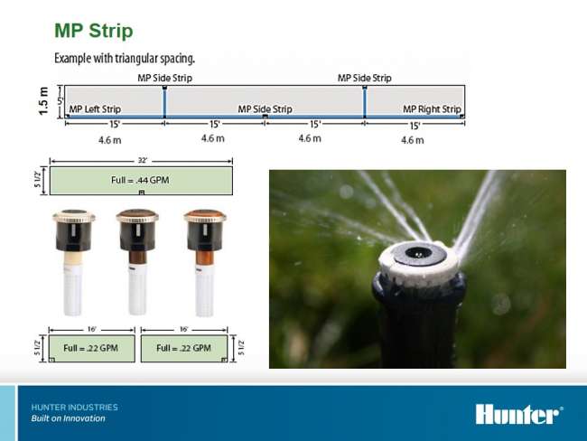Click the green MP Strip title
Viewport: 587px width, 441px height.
94,31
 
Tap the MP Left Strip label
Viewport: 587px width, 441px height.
95,109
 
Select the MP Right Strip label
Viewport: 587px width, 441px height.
432,109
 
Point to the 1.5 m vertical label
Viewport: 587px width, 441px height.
43,101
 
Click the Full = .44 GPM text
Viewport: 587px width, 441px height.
140,180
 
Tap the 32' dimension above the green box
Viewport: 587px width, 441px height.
143,160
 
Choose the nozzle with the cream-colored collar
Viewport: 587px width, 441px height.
73,262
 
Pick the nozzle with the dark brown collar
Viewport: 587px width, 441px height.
137,262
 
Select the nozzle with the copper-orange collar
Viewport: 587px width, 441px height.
205,263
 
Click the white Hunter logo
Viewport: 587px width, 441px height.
519,414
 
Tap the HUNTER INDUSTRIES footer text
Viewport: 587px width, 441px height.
74,408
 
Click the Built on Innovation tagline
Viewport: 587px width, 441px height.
68,418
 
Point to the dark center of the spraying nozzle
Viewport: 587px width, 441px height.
418,253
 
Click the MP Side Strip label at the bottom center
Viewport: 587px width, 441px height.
265,109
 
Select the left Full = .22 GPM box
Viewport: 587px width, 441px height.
92,349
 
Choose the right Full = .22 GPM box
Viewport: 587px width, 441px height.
184,349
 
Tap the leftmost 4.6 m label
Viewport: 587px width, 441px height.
109,140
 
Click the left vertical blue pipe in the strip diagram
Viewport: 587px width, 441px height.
164,102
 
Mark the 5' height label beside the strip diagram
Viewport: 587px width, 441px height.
61,101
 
